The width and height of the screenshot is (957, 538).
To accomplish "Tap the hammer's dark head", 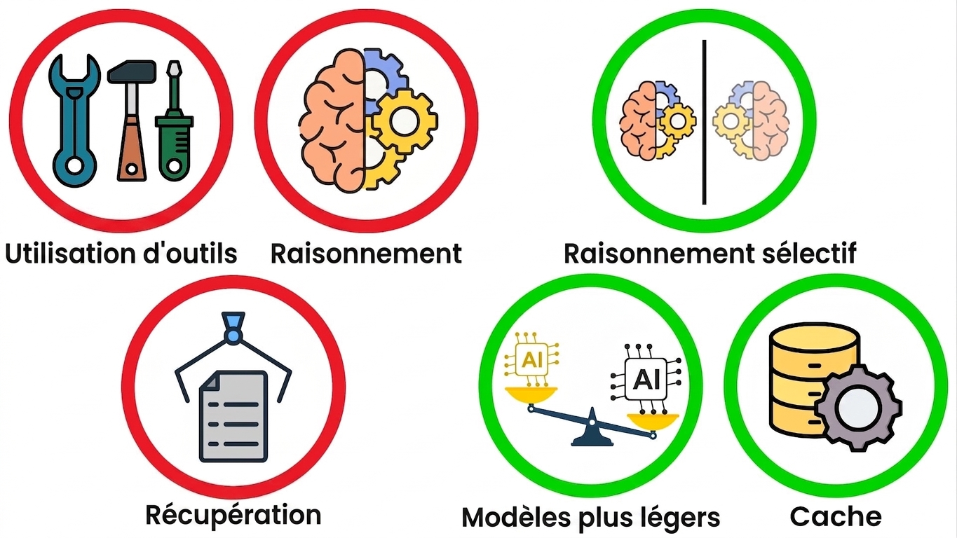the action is click(x=132, y=71).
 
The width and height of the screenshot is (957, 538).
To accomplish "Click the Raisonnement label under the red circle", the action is click(x=366, y=254).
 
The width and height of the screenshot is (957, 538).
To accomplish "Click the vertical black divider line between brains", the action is click(x=704, y=122).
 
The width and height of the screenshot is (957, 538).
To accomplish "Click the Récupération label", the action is click(x=233, y=515).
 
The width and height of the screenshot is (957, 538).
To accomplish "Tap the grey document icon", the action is click(x=233, y=416).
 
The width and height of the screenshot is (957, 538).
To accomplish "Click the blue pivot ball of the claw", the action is click(x=233, y=336).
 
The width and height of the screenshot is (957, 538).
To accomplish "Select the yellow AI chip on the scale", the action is click(x=532, y=361).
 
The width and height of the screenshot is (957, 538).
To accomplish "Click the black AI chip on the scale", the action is click(x=646, y=379).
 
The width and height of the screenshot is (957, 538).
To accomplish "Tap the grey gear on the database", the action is click(x=858, y=407).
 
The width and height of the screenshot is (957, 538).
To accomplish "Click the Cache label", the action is click(x=836, y=517).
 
